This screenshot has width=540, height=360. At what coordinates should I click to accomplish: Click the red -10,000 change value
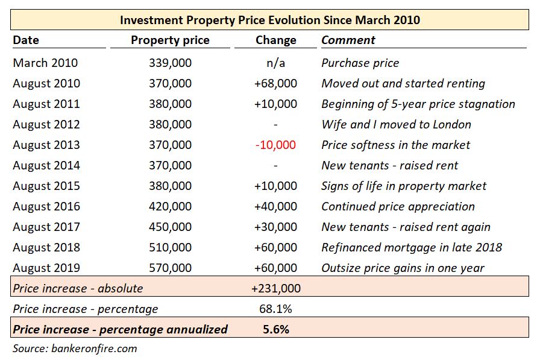pos(275,145)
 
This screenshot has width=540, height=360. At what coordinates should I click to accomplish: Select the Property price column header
pos(170,40)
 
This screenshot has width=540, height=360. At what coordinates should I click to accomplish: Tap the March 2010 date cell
pos(45,63)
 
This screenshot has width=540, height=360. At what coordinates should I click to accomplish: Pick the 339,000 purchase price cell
pos(170,63)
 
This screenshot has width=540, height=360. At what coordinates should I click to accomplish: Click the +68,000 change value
pos(275,83)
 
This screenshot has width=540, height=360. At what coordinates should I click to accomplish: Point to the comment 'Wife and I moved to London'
pos(396,124)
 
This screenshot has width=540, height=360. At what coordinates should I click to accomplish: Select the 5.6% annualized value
pos(275,329)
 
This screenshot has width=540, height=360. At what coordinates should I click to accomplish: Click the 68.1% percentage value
pos(275,309)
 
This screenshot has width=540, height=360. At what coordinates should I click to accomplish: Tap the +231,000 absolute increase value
pos(275,288)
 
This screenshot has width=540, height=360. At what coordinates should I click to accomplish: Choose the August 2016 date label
pos(46,206)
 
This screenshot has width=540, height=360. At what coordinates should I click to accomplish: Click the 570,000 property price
pos(170,268)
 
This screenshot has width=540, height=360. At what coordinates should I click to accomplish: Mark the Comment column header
pos(348,40)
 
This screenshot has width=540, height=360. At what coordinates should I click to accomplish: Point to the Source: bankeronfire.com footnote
pos(75,348)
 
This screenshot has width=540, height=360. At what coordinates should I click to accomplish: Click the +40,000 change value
pos(275,206)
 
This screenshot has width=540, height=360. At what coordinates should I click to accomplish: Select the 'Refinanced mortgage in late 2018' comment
pos(412,247)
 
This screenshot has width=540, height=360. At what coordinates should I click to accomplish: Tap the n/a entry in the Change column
pos(275,63)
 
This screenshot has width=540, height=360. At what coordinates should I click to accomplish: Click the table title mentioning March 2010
pos(269,20)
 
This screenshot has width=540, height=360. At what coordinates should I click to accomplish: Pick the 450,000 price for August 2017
pos(170,227)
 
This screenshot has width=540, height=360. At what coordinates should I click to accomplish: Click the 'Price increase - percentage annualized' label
pos(120,329)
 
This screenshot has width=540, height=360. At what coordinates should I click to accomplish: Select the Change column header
pos(275,40)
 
